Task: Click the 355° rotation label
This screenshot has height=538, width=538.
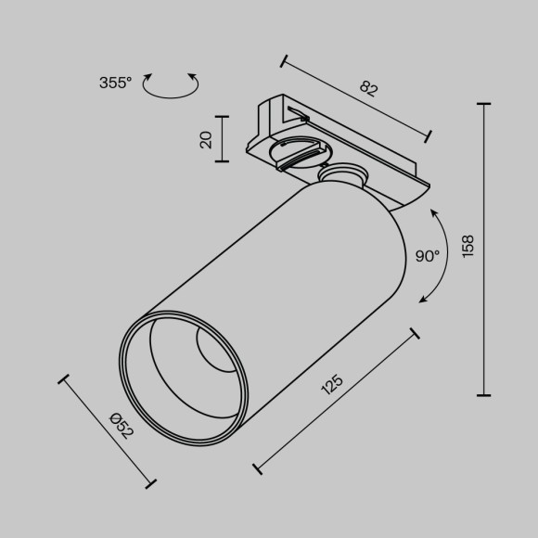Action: pyautogui.click(x=116, y=83)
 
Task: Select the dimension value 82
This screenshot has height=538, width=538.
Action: pyautogui.click(x=369, y=89)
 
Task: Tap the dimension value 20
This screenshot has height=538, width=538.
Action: pyautogui.click(x=206, y=139)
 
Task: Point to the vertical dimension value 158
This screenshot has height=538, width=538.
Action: pyautogui.click(x=468, y=246)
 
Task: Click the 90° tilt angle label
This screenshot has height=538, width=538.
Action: pyautogui.click(x=427, y=257)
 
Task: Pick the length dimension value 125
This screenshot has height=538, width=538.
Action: pyautogui.click(x=332, y=384)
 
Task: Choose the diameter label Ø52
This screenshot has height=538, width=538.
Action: pyautogui.click(x=122, y=425)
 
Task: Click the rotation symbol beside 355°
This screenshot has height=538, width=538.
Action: pyautogui.click(x=173, y=84)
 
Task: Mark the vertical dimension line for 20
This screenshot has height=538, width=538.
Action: pyautogui.click(x=223, y=139)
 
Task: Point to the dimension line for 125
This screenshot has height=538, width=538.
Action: pyautogui.click(x=336, y=400)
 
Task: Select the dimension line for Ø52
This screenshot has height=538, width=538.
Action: pyautogui.click(x=108, y=430)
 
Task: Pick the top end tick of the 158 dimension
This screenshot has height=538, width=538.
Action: pyautogui.click(x=484, y=105)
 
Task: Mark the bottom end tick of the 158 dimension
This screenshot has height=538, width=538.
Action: pyautogui.click(x=484, y=394)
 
